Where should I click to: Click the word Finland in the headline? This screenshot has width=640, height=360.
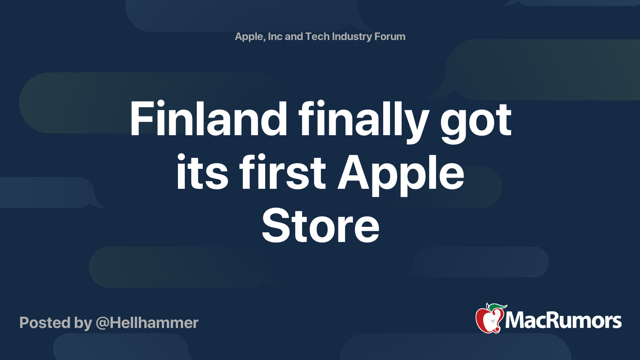point(208,119)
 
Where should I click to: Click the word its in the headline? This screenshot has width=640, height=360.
point(202,173)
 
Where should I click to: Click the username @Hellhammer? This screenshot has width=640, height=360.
point(147,323)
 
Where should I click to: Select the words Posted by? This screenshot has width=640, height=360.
point(56,323)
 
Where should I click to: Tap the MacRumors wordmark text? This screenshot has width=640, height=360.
point(563,320)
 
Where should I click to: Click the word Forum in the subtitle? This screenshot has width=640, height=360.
point(390,36)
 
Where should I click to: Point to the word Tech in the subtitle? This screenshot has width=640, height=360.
point(317,36)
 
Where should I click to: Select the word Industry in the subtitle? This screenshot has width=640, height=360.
point(352,36)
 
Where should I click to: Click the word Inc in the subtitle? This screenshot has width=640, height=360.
point(275,36)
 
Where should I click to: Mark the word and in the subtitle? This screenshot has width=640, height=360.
point(294,36)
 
